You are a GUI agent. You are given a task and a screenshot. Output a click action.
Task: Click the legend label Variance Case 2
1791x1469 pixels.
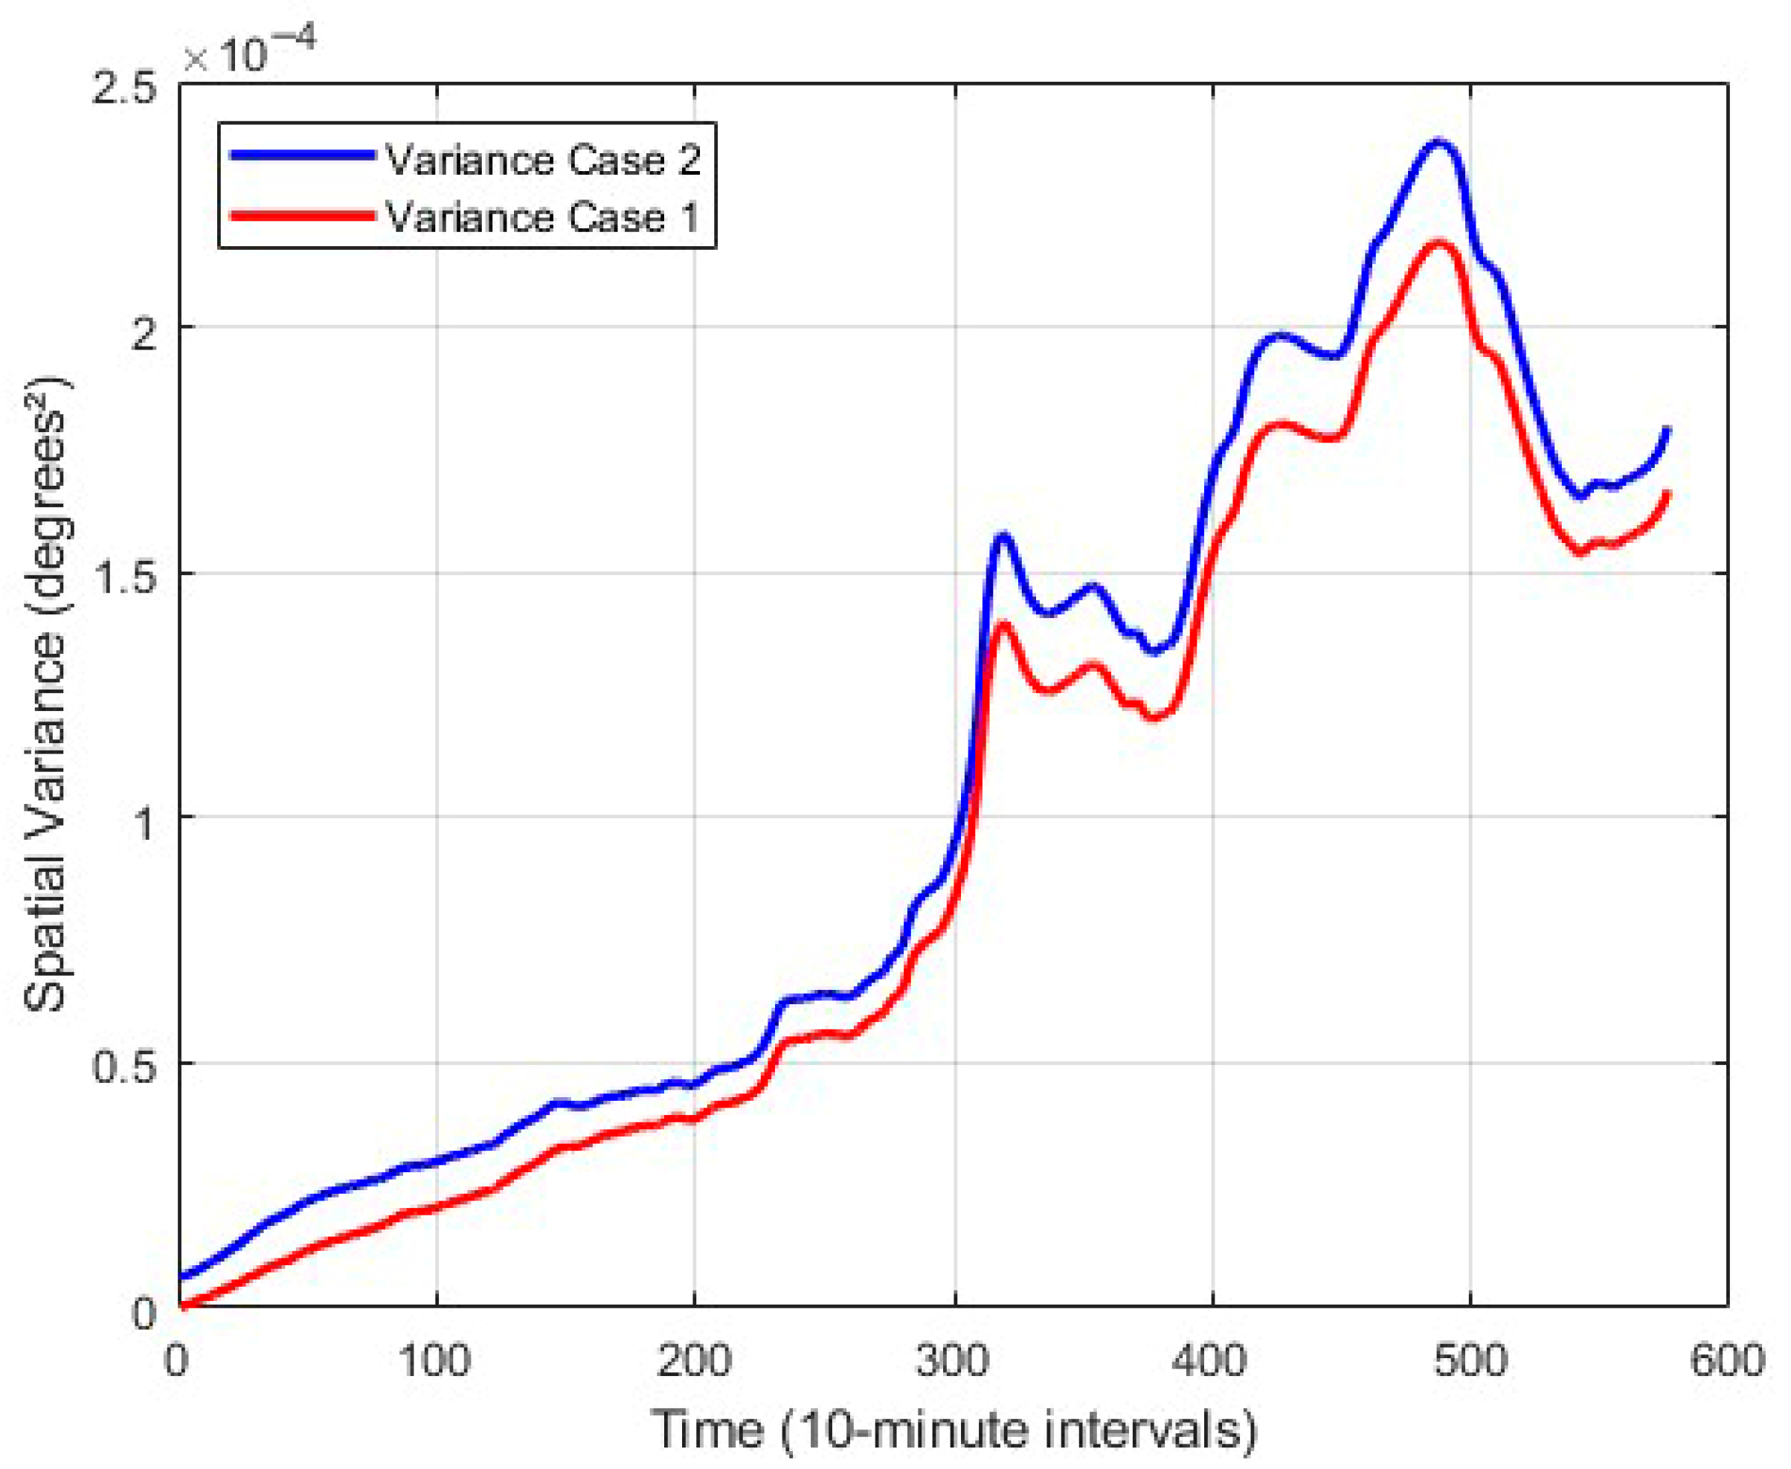pos(543,160)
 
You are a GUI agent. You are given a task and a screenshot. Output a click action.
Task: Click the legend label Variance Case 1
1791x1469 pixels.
pos(543,216)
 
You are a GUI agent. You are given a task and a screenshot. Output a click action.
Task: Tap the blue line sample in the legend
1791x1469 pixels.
pos(302,155)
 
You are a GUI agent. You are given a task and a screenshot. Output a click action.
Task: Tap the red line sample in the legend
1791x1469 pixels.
pos(302,214)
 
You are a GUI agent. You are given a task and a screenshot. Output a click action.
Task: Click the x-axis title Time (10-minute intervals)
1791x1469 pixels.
pos(954,1430)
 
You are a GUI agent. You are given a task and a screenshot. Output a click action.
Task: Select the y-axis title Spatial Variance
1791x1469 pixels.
pos(47,694)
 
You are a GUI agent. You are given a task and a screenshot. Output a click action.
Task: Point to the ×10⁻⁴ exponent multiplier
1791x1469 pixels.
pos(250,53)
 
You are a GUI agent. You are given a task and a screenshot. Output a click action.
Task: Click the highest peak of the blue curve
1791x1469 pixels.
pos(1438,142)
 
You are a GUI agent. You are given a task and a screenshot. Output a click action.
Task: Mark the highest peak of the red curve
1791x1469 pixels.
pos(1438,244)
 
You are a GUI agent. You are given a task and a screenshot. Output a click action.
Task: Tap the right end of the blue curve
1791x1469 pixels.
pos(1668,430)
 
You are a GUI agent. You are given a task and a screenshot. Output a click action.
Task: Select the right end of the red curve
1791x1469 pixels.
pos(1668,492)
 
